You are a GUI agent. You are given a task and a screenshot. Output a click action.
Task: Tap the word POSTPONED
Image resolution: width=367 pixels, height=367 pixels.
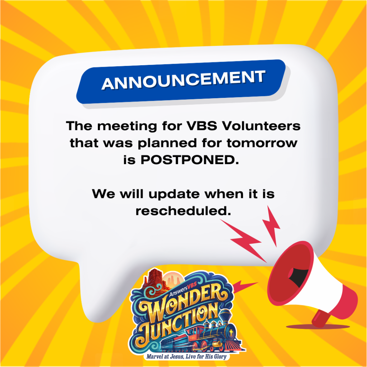(x=190, y=160)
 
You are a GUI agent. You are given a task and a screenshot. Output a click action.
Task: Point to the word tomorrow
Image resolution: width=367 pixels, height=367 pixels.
(x=262, y=143)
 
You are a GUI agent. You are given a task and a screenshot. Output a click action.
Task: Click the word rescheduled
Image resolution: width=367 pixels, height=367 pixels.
(x=183, y=211)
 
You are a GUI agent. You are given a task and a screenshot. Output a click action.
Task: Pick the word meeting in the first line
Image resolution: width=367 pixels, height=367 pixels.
(x=127, y=127)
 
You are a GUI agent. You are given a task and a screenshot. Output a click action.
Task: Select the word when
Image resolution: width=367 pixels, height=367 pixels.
(x=224, y=194)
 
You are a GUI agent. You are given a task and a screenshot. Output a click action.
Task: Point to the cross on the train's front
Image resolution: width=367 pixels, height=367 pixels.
(x=231, y=332)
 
